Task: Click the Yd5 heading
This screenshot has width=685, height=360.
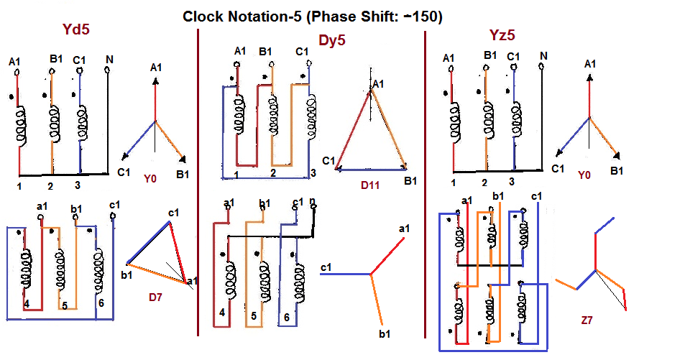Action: pyautogui.click(x=76, y=29)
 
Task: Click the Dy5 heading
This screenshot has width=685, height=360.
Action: pyautogui.click(x=332, y=40)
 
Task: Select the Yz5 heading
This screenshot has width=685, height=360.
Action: pyautogui.click(x=502, y=35)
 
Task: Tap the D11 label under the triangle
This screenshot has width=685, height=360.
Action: pyautogui.click(x=370, y=185)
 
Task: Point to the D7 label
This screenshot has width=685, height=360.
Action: pyautogui.click(x=155, y=297)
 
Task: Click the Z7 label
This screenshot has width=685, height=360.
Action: pyautogui.click(x=587, y=320)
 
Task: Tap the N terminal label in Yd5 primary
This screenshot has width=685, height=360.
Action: pyautogui.click(x=109, y=60)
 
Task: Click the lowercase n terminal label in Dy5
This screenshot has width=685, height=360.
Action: pyautogui.click(x=313, y=201)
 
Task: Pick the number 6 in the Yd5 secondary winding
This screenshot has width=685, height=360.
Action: pyautogui.click(x=101, y=303)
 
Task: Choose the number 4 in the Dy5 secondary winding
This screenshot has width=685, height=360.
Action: pyautogui.click(x=222, y=313)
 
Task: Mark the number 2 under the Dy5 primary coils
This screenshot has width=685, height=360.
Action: pyautogui.click(x=273, y=173)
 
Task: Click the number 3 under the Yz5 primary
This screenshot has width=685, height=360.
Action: pyautogui.click(x=512, y=181)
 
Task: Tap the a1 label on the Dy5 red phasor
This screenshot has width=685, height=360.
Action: pyautogui.click(x=404, y=229)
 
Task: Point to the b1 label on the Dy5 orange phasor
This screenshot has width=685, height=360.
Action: pyautogui.click(x=385, y=334)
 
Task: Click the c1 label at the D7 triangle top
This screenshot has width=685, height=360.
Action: pyautogui.click(x=173, y=213)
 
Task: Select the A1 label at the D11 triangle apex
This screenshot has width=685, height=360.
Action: pyautogui.click(x=378, y=83)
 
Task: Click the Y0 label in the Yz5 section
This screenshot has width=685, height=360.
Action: pyautogui.click(x=584, y=175)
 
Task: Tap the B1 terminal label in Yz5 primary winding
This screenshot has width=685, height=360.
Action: pyautogui.click(x=490, y=55)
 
